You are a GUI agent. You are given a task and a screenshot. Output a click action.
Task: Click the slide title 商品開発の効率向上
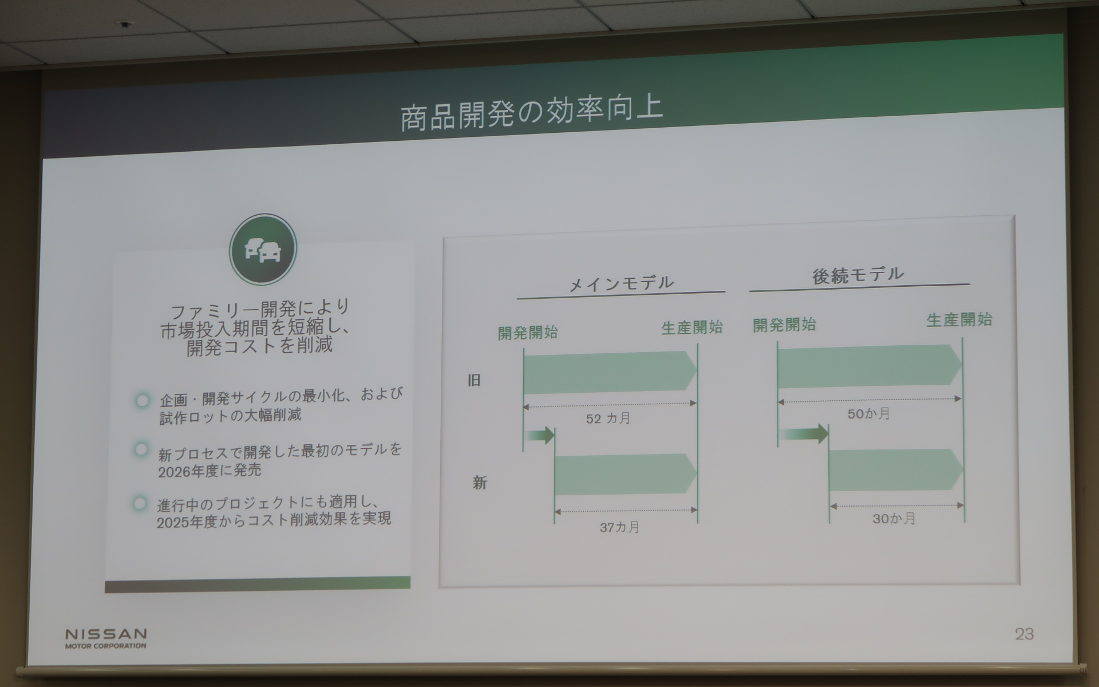(531, 114)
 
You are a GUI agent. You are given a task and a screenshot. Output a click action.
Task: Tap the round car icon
(263, 250)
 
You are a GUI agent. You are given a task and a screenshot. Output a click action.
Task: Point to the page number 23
(1024, 634)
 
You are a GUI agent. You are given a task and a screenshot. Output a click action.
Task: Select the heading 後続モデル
(858, 275)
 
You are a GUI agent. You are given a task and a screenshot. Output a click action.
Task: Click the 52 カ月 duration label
(608, 418)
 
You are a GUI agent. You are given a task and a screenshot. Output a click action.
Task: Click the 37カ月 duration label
(619, 527)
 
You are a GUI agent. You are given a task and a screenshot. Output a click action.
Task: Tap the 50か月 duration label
(869, 413)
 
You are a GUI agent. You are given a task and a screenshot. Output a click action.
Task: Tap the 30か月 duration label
(894, 519)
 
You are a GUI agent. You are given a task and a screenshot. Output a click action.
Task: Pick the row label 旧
(474, 380)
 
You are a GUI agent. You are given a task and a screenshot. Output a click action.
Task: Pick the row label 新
(480, 483)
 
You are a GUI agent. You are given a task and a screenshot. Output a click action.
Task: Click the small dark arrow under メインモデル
(540, 436)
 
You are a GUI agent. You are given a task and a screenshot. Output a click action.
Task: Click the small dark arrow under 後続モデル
(804, 433)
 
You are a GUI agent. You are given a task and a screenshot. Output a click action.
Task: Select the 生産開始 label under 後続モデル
(959, 319)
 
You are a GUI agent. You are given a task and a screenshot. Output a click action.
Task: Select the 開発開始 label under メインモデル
(528, 332)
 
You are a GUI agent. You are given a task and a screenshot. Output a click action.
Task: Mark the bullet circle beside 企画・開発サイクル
(143, 400)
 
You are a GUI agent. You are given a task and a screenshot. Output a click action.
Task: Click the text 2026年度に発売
(209, 471)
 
